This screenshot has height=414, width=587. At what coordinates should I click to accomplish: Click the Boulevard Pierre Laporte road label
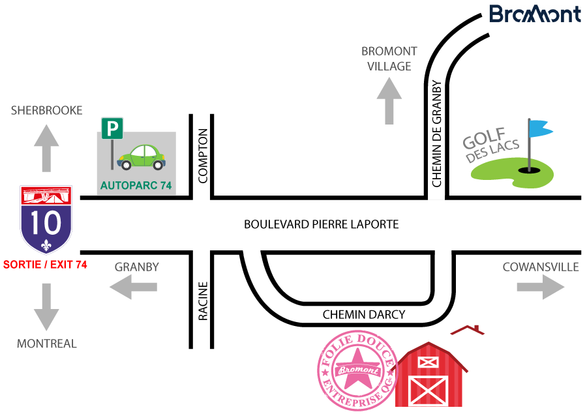coord(321,224)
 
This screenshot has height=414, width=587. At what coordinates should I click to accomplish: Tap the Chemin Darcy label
coord(364,314)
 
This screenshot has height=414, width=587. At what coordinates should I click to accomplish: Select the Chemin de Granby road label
coord(437,134)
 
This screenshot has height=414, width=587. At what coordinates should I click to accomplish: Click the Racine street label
coord(202,301)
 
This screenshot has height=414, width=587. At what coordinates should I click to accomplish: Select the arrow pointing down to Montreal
coord(46,306)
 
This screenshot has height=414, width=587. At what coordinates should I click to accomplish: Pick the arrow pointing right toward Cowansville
coord(541,286)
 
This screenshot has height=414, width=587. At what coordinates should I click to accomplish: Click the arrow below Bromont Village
coord(389,100)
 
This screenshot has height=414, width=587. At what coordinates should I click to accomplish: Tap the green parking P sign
coord(112,128)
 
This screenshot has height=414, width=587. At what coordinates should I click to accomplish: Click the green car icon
coord(140,157)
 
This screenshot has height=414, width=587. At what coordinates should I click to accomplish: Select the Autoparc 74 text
coord(136,186)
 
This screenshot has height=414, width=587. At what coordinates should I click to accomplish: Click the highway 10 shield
coord(46,220)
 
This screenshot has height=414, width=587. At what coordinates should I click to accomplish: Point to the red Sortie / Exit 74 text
coord(45,265)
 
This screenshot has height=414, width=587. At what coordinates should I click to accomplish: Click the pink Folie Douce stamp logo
coord(357,371)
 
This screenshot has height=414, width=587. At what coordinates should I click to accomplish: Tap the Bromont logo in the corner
coord(534,14)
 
